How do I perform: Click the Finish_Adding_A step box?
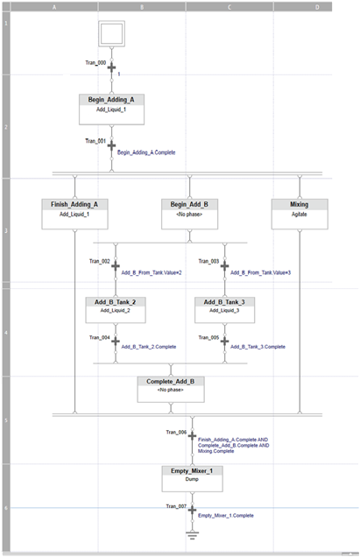pos(75,213)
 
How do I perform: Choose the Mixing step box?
pos(299,213)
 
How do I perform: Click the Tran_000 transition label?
pos(95,62)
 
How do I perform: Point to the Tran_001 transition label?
pos(95,140)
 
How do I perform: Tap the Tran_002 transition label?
pos(99,261)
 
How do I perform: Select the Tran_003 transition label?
pos(208,261)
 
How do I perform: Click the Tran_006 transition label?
pos(176,432)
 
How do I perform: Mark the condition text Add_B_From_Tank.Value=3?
pos(260,272)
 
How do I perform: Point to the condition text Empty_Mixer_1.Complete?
pos(226,516)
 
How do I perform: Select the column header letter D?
pos(316,6)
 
